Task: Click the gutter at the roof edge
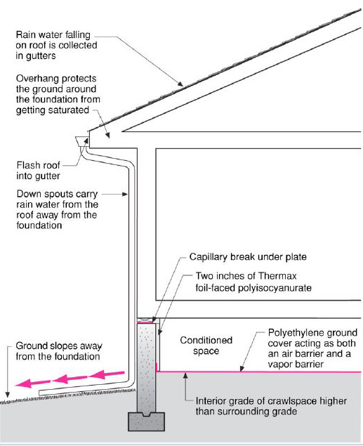coord(82,141)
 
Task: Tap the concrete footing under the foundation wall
coord(147,421)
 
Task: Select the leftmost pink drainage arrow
coord(32,383)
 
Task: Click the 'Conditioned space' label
coord(206,346)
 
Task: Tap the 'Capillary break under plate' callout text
coord(248,257)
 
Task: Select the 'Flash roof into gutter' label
coord(38,171)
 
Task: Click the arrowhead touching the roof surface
coord(180,84)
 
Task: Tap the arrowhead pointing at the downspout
coord(125,195)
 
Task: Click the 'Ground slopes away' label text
coord(59,346)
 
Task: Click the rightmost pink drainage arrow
coord(107,374)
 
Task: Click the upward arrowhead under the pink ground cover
coord(185,376)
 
